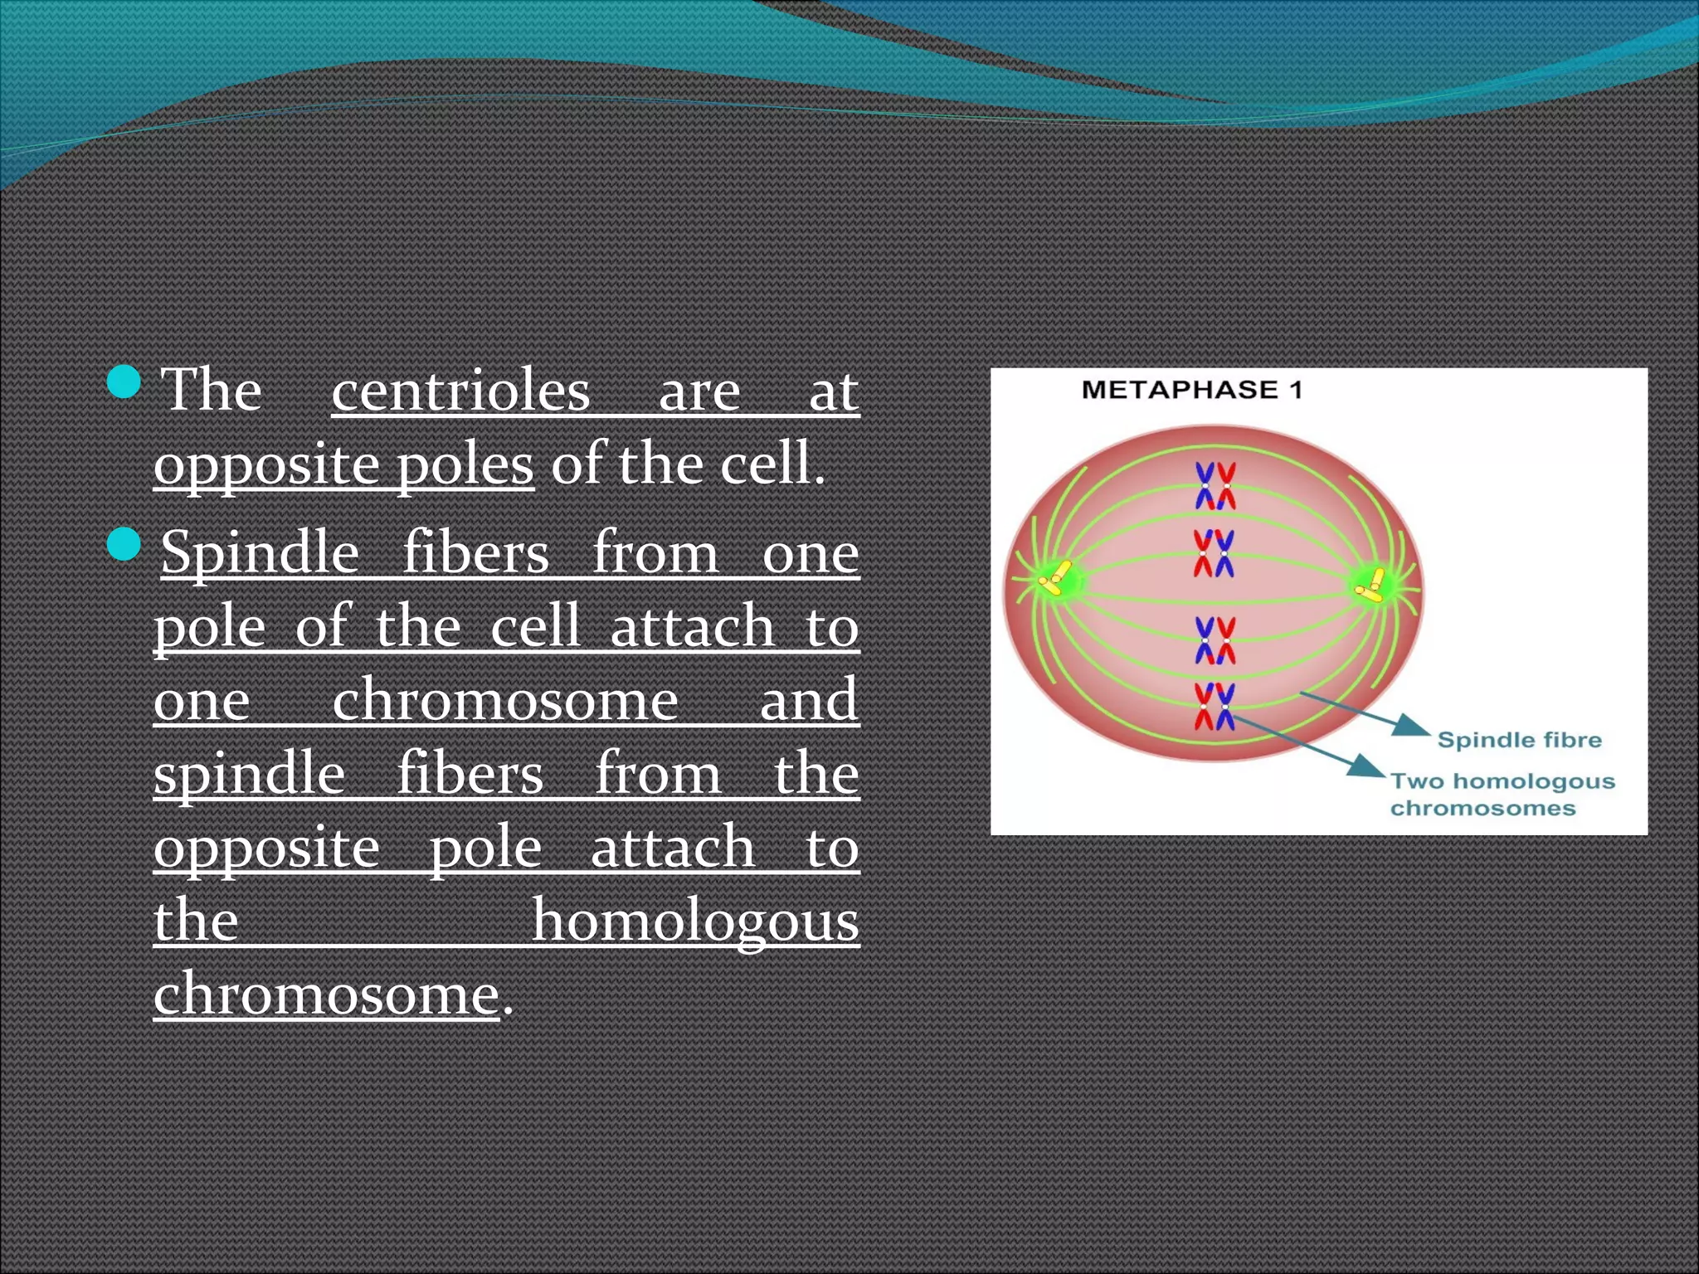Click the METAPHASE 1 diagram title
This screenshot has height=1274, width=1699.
pos(1191,390)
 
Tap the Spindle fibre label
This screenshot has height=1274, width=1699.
pos(1519,740)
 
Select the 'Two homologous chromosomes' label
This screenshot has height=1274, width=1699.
pos(1502,794)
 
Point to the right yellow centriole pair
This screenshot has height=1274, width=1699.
pos(1370,586)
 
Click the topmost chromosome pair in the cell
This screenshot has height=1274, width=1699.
pos(1215,486)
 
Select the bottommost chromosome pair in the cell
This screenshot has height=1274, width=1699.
pos(1215,707)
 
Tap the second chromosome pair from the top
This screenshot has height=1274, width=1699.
pos(1214,553)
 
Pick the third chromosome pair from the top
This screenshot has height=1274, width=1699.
pos(1215,640)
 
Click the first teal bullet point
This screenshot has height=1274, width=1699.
pos(124,382)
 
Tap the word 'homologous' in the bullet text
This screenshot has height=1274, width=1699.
pos(694,921)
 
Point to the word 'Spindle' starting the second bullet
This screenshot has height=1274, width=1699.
pos(260,552)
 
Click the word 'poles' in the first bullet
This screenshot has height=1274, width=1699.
pos(464,464)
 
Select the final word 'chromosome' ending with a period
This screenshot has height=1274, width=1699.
pos(326,994)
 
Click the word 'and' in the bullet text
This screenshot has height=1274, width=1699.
pos(809,699)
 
